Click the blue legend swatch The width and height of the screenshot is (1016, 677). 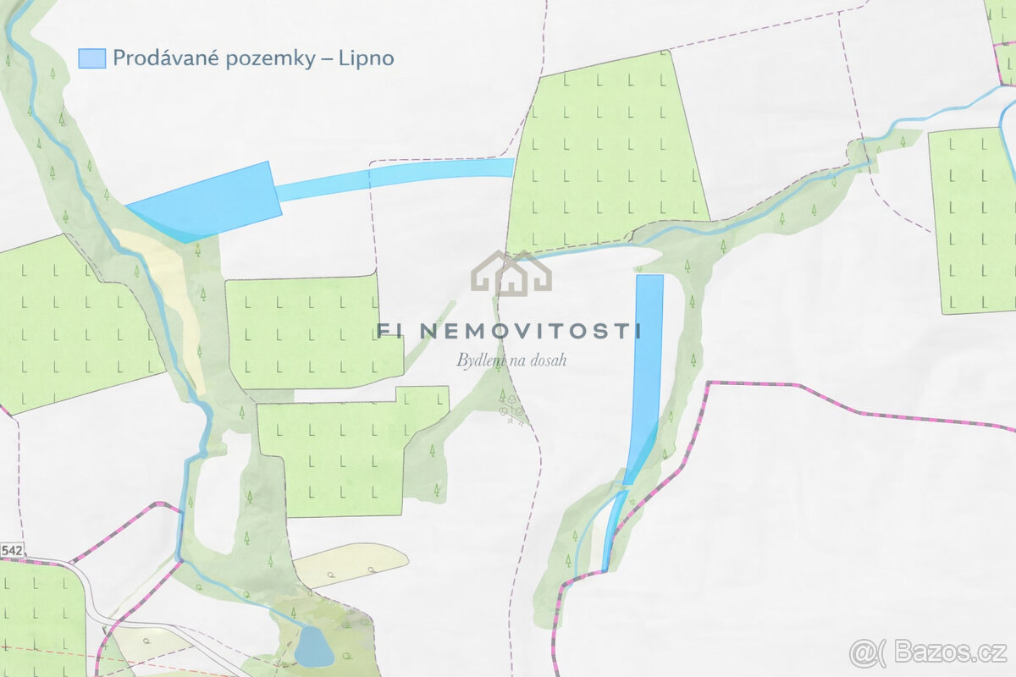[x=91, y=58]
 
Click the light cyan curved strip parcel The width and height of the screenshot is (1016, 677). [x=398, y=176]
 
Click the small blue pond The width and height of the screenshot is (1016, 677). [x=313, y=647]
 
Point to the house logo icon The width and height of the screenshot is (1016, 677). [x=511, y=272]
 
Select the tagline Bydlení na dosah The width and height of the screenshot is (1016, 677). [x=511, y=361]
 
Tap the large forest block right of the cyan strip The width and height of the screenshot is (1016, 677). [x=605, y=152]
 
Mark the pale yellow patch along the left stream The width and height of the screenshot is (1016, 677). [x=174, y=296]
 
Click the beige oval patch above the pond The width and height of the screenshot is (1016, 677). [x=351, y=564]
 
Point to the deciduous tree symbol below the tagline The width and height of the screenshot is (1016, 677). [x=511, y=410]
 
